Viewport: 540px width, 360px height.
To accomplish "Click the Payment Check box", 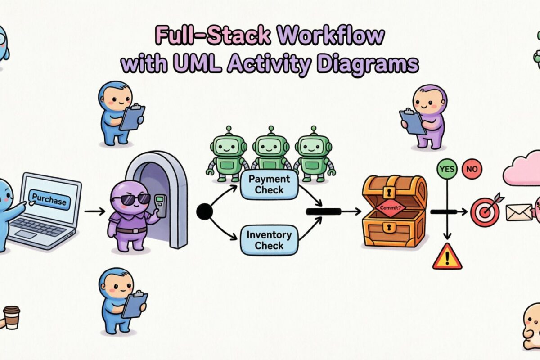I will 269,184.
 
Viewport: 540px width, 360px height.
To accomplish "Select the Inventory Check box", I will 269,240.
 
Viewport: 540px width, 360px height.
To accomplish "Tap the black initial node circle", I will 204,211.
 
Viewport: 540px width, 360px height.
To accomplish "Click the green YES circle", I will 446,170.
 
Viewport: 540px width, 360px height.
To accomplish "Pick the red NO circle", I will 472,170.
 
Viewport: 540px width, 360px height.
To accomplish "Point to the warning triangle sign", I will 447,257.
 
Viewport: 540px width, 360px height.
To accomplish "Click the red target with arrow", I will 485,212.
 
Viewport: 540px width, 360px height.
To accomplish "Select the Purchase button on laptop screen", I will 49,200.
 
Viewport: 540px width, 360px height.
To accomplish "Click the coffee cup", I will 11,317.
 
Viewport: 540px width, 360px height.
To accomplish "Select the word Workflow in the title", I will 331,36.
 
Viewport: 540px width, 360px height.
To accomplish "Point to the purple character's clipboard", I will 413,120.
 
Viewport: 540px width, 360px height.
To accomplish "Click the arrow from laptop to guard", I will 95,211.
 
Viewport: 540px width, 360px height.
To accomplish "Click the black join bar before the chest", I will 323,211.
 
